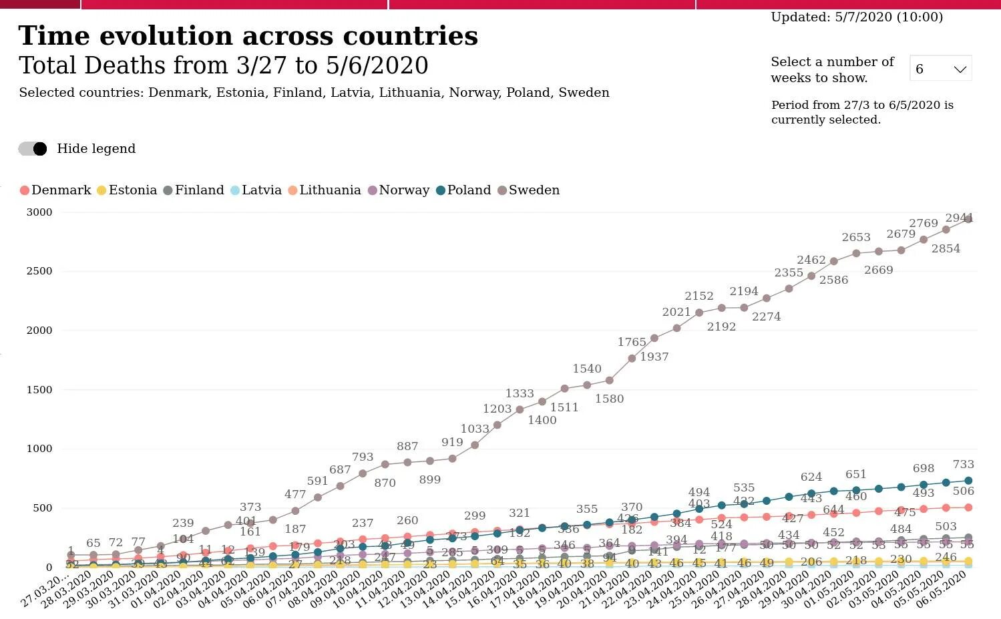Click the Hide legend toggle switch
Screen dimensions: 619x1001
tap(33, 149)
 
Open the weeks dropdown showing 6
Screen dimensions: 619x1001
tap(940, 69)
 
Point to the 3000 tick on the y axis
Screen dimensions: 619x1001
tap(39, 212)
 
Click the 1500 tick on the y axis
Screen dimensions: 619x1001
tap(39, 390)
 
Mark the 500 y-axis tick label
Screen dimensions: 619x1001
tap(42, 508)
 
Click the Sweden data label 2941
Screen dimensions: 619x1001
tap(959, 218)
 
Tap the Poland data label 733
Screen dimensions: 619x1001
tap(964, 464)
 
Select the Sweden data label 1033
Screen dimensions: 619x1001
tap(475, 429)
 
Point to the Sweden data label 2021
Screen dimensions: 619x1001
tap(676, 312)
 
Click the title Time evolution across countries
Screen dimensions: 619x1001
tap(248, 36)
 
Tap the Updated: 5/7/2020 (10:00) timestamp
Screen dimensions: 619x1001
tap(857, 17)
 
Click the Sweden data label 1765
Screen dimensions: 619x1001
tap(632, 342)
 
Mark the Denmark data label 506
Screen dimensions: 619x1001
tap(964, 491)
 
